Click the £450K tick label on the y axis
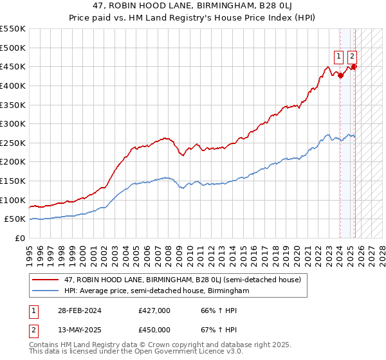tap(13, 66)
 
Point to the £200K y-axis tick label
tap(13, 162)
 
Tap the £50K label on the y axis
tap(15, 219)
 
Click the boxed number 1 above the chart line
tap(338, 55)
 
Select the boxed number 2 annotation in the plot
tap(353, 55)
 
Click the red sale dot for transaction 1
tap(340, 75)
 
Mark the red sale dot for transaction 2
tap(354, 67)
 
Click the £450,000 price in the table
tap(154, 330)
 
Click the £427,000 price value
tap(154, 311)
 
